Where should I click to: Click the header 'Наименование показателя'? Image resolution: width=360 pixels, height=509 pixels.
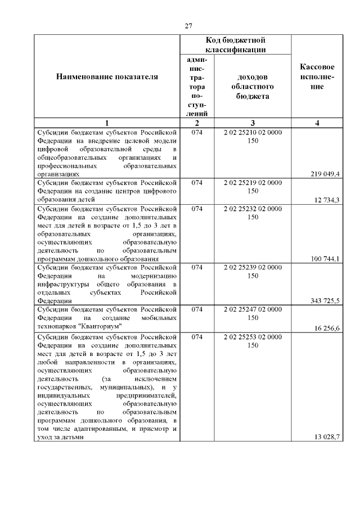pyautogui.click(x=107, y=77)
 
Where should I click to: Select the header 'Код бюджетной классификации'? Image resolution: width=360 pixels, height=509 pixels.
pyautogui.click(x=235, y=45)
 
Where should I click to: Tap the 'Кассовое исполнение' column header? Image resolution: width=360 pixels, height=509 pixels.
pyautogui.click(x=318, y=77)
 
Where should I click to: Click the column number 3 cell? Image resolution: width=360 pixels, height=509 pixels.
pyautogui.click(x=253, y=123)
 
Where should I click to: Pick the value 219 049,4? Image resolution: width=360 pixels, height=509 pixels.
pyautogui.click(x=325, y=174)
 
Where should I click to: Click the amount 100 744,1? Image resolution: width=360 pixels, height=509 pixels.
pyautogui.click(x=325, y=259)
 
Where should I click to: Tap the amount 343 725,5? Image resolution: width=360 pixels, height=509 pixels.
pyautogui.click(x=325, y=301)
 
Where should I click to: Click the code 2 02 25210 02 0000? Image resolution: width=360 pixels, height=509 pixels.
pyautogui.click(x=253, y=132)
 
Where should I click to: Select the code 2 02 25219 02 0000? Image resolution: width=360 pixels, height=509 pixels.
pyautogui.click(x=253, y=183)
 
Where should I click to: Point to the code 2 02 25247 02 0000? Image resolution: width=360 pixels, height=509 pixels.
pyautogui.click(x=253, y=309)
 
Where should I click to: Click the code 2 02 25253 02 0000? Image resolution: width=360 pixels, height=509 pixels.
pyautogui.click(x=253, y=336)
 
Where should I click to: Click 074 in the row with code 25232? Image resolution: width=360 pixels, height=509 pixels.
pyautogui.click(x=197, y=208)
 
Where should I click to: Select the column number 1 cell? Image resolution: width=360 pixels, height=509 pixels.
pyautogui.click(x=107, y=123)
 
